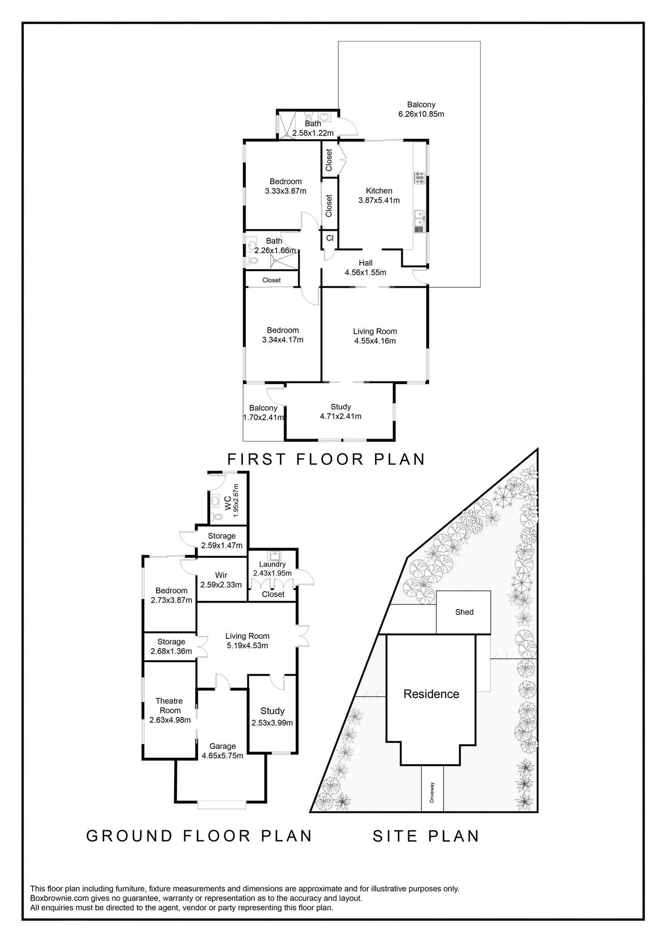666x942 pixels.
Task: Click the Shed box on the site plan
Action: [464, 612]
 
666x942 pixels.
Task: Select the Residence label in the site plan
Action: [431, 694]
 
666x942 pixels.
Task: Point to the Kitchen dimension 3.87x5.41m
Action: [379, 200]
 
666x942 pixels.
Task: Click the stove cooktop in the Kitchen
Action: [419, 177]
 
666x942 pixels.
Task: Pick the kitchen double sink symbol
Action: [419, 218]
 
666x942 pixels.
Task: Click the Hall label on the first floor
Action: [366, 263]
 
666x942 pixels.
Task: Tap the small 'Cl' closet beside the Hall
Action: [330, 238]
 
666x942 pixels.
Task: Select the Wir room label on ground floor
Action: [221, 575]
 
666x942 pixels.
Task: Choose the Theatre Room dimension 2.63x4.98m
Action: [170, 720]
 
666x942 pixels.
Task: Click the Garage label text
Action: [222, 746]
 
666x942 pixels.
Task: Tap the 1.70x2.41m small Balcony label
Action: [263, 418]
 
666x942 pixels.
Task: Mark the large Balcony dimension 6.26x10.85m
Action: [421, 114]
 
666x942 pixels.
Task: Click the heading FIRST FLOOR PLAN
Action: [326, 459]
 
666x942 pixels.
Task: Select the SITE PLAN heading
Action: [426, 836]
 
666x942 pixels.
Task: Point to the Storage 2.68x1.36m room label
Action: [171, 647]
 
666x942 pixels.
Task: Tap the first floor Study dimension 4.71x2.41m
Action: [340, 416]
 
